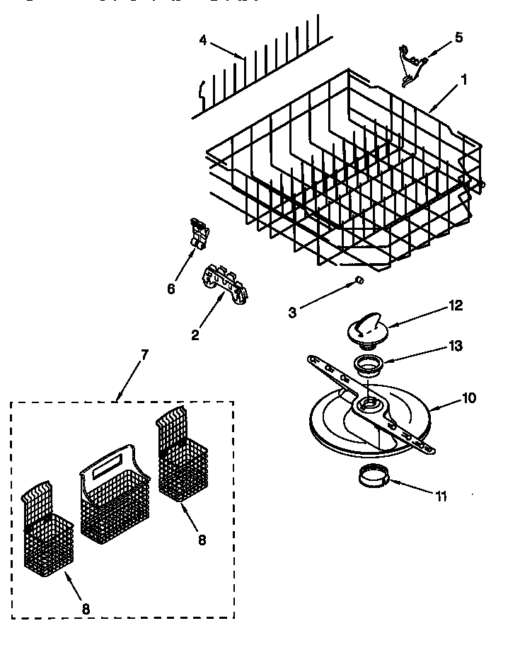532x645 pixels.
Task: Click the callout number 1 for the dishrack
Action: (463, 81)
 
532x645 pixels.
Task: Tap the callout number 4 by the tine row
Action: (203, 40)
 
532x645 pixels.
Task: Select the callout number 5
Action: (458, 37)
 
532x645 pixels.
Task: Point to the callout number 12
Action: (455, 306)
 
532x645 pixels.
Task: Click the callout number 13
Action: (455, 346)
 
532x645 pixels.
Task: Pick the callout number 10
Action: (468, 397)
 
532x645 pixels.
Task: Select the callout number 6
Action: (170, 288)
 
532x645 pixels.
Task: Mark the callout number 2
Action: (195, 335)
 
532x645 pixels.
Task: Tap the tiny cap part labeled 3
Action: (359, 280)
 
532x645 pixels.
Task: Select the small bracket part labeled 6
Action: (201, 233)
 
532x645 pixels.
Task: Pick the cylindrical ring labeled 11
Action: (374, 477)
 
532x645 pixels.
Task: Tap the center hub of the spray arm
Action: (368, 405)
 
